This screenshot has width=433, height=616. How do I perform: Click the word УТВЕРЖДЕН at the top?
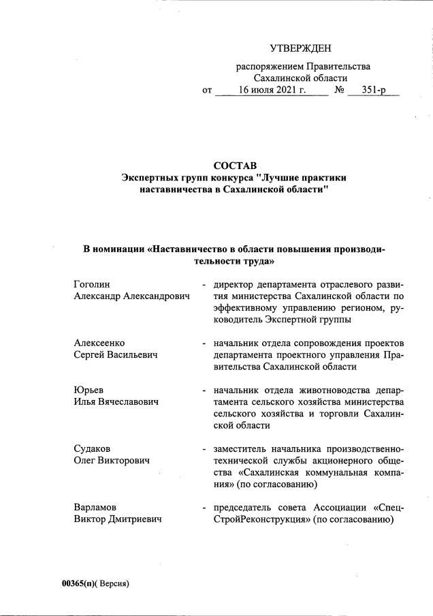click(x=300, y=48)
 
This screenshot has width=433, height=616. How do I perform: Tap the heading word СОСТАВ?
click(x=234, y=166)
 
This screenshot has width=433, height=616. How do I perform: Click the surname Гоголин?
click(x=91, y=283)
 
